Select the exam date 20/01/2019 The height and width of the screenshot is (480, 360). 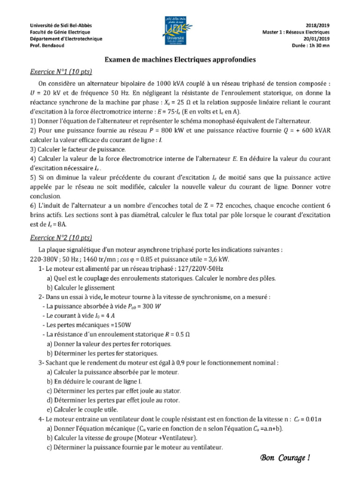pos(317,39)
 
